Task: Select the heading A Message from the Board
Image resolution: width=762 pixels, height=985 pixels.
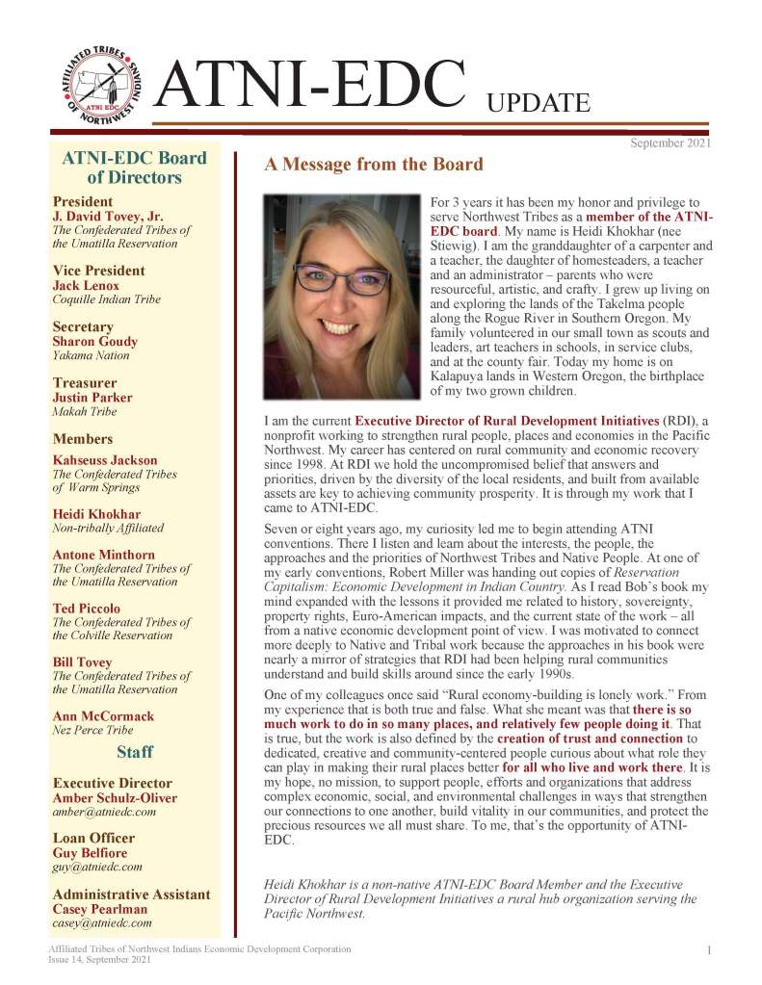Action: coord(374,165)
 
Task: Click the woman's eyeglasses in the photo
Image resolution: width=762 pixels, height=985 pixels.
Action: coord(343,280)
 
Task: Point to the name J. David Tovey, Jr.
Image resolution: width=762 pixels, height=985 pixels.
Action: coord(109,217)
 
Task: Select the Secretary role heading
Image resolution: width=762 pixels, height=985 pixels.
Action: coord(83,326)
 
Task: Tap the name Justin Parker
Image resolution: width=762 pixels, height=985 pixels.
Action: coord(92,398)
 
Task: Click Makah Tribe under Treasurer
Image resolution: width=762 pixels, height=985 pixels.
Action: coord(84,411)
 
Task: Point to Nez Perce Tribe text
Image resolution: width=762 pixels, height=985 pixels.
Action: coord(88,730)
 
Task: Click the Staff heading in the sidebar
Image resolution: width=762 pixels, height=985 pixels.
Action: coord(135,751)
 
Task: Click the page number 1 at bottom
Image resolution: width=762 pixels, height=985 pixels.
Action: coord(708,951)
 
